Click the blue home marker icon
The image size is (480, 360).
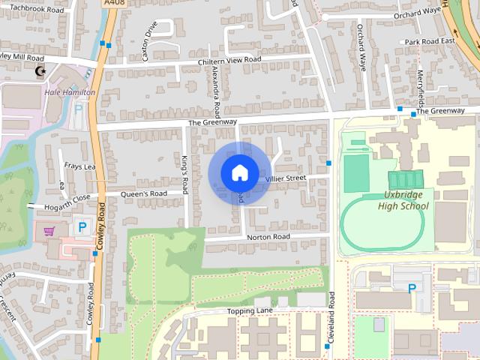(239, 172)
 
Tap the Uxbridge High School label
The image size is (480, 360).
(400, 200)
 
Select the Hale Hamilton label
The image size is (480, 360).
(70, 92)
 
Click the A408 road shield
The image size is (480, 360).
(115, 4)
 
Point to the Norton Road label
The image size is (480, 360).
(268, 237)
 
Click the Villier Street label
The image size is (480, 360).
(285, 178)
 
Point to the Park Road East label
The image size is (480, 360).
(427, 41)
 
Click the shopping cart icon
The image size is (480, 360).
(50, 231)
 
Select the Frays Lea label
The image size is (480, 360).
(79, 166)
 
